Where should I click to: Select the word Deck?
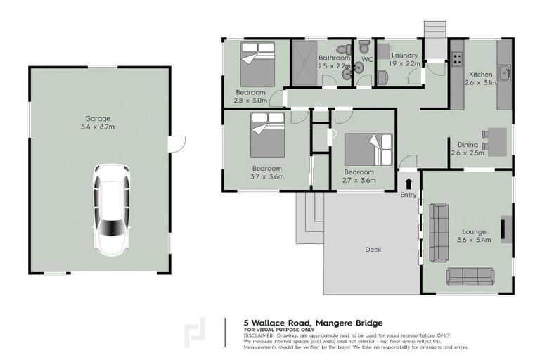(373, 249)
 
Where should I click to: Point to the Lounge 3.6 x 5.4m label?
(474, 236)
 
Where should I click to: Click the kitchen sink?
(504, 71)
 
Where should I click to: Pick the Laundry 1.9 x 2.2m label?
(404, 59)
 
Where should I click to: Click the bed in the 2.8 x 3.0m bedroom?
(258, 63)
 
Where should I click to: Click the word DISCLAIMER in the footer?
(259, 335)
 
